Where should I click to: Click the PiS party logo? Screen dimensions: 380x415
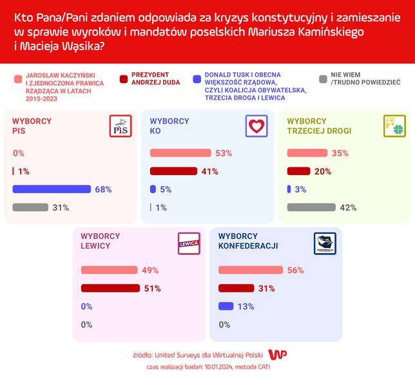[121, 126]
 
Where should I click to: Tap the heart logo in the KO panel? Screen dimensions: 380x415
[256, 126]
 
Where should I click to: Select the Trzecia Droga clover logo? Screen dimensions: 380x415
[394, 126]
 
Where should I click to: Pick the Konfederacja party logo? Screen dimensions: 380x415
[325, 243]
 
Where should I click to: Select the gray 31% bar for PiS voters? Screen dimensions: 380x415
[30, 207]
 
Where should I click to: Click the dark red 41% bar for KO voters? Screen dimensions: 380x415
[173, 171]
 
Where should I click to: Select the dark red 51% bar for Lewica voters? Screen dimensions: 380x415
[110, 288]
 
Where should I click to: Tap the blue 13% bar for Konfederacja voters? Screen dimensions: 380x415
[226, 306]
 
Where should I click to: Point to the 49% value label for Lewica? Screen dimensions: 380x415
[150, 271]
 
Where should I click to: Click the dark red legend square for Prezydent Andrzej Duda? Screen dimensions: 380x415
[123, 80]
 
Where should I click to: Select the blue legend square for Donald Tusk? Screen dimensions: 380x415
[196, 80]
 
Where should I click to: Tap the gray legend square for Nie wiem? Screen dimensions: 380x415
[322, 80]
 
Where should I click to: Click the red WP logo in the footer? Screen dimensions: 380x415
[277, 355]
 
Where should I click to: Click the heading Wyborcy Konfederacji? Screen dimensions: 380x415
[247, 241]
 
